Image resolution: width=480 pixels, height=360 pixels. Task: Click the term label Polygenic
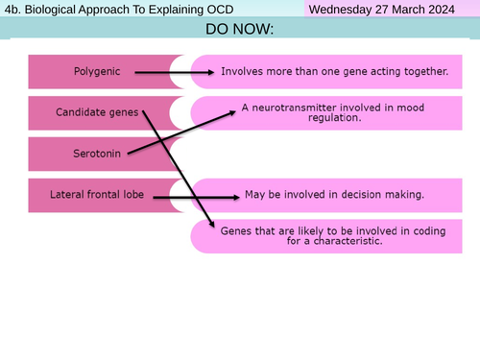tap(96, 71)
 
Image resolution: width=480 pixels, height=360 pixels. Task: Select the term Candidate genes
tap(98, 112)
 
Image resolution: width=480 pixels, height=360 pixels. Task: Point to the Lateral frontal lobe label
tap(97, 195)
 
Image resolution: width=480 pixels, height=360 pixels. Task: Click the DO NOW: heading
tap(239, 30)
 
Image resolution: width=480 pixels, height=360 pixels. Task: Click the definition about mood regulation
tap(328, 112)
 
